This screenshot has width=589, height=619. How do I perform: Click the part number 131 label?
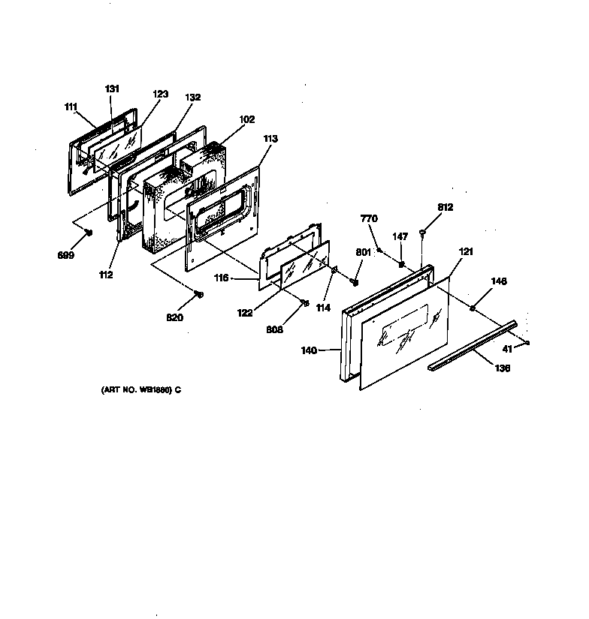point(112,89)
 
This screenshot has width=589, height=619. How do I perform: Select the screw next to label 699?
point(89,232)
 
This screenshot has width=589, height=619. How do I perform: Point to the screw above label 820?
point(198,293)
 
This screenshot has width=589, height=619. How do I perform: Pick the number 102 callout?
point(247,119)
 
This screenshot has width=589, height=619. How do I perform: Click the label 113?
point(270,138)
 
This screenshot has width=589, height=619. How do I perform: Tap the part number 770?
point(370,218)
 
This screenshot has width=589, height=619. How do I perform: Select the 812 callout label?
point(445,207)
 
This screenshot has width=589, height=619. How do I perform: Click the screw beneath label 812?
point(424,231)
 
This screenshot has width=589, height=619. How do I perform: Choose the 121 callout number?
point(466,252)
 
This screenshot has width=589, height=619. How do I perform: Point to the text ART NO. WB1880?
point(140,390)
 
